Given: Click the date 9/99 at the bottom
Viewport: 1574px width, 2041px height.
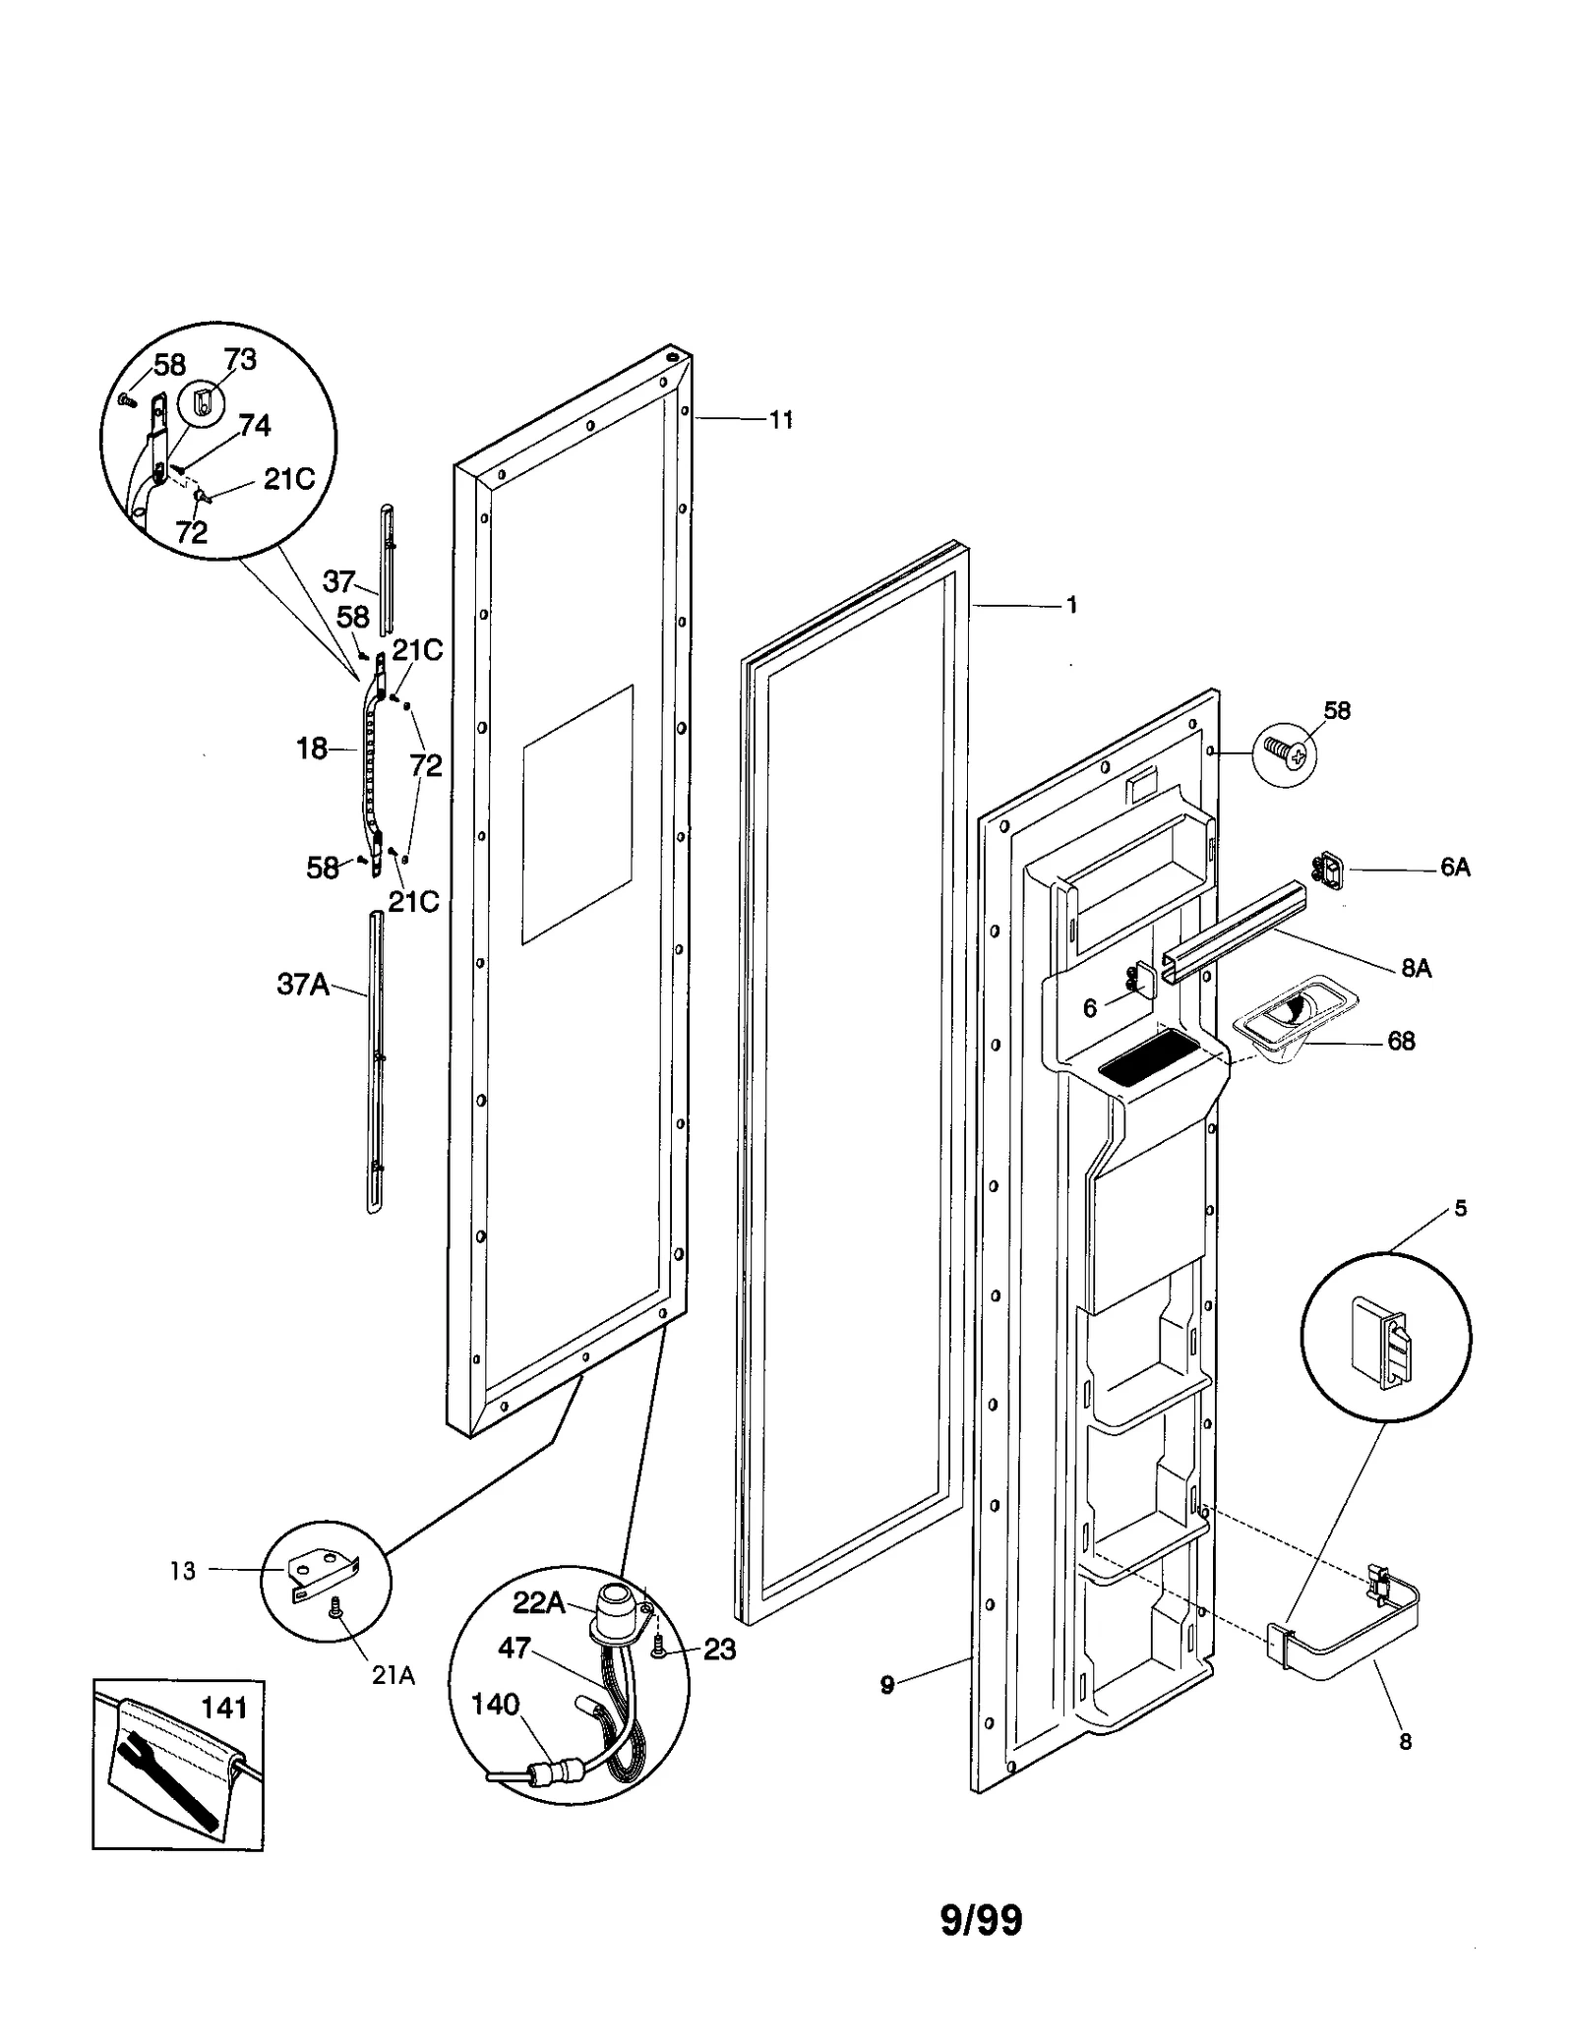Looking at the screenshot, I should [981, 1920].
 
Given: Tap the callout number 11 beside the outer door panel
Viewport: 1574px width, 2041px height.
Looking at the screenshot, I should [780, 420].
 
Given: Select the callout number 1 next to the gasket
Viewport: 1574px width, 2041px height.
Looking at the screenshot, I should [1071, 606].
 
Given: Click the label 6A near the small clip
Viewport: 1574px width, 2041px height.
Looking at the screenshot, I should [1454, 867].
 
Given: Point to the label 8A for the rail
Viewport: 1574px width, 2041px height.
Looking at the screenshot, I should [1416, 968].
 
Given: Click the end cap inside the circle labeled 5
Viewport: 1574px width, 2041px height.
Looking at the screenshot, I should [1380, 1341].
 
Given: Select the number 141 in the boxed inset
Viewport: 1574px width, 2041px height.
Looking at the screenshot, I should [224, 1708].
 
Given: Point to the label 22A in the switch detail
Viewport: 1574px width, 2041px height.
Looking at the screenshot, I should [539, 1604].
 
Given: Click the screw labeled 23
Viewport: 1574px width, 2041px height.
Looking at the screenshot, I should [661, 1651].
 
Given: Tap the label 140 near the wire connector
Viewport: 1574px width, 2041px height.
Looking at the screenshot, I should [495, 1704].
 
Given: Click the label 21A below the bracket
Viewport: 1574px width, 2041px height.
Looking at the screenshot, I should [393, 1675].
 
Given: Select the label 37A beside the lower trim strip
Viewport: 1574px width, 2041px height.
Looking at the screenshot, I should [303, 984].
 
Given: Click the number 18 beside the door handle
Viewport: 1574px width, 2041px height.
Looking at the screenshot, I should [312, 749].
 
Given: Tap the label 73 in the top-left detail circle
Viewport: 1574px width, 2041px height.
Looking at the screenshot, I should [240, 360].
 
